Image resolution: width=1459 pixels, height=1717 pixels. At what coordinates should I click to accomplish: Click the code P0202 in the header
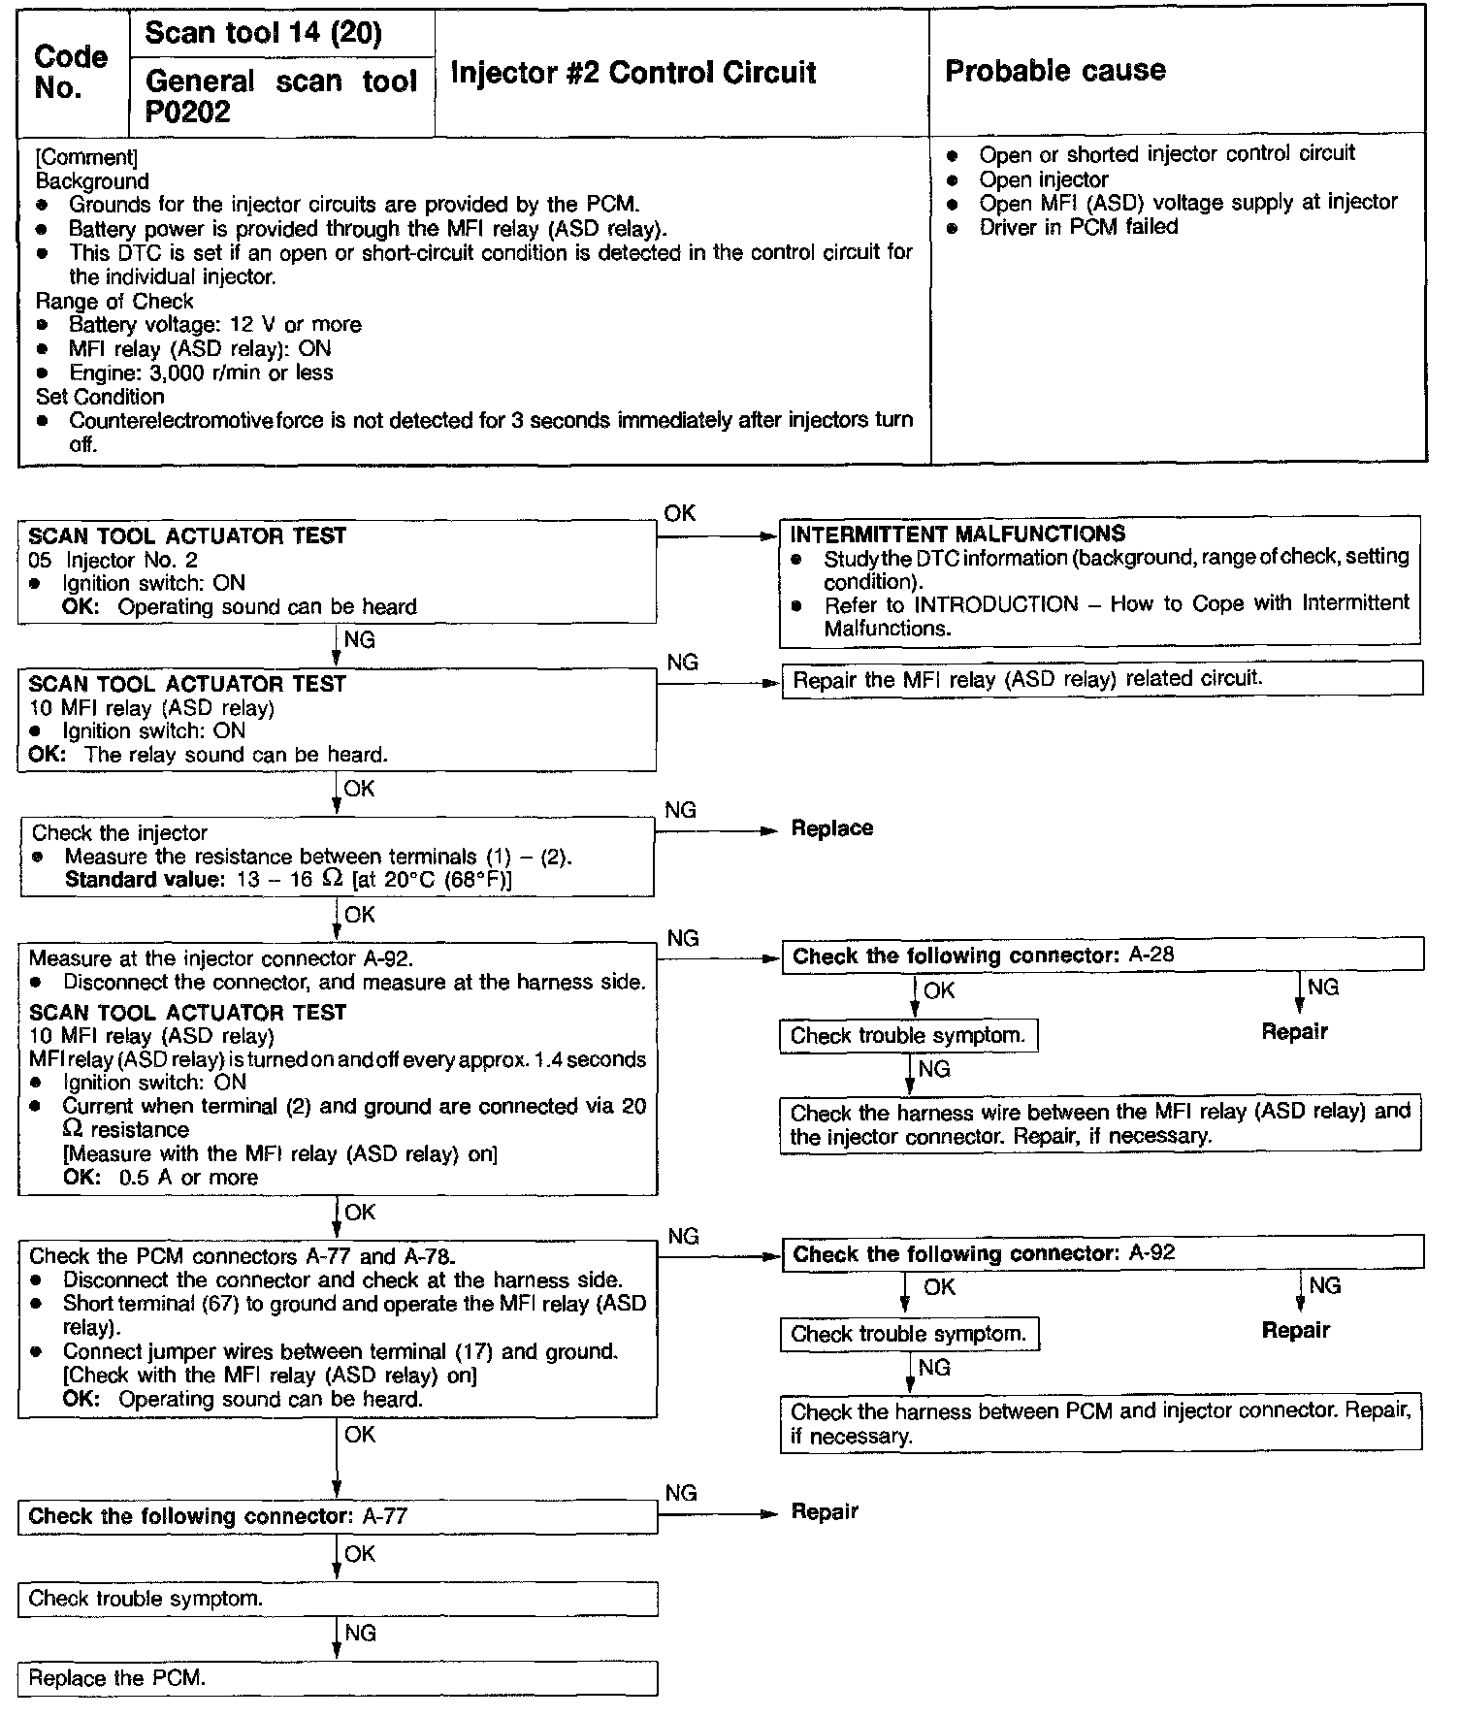tap(188, 113)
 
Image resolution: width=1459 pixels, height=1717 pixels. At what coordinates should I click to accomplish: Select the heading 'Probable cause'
tap(1054, 71)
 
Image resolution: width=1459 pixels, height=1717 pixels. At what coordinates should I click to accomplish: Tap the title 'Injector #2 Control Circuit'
tap(633, 73)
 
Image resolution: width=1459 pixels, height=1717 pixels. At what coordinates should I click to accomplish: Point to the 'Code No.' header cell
tap(71, 72)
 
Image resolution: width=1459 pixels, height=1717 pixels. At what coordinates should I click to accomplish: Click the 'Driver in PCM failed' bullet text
tap(1078, 227)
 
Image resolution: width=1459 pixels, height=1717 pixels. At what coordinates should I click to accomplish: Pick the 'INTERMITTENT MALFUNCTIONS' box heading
tap(957, 535)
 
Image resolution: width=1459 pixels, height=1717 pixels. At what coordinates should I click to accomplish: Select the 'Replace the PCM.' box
tap(337, 1678)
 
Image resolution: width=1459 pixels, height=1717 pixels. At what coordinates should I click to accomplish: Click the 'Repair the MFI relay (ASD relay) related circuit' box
tap(1101, 679)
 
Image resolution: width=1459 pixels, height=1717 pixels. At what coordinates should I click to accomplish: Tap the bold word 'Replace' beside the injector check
tap(831, 828)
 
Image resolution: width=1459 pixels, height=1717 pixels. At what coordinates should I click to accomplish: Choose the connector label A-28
tap(1151, 955)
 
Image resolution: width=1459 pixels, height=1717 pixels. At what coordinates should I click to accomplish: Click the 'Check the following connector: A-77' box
tap(337, 1517)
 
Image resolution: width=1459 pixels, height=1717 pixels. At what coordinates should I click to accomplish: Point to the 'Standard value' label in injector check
tap(144, 880)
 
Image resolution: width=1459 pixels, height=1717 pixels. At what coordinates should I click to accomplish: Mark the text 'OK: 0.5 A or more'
tap(160, 1178)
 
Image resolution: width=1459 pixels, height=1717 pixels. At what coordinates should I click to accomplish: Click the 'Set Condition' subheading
tap(100, 397)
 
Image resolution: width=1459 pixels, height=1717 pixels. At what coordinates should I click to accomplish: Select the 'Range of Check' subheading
tap(114, 301)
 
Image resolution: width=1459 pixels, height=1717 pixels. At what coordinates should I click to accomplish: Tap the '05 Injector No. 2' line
tap(113, 560)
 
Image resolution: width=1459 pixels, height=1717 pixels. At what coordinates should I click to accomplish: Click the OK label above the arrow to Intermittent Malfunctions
tap(680, 513)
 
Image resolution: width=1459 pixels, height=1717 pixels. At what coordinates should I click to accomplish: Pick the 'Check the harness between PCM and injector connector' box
tap(1101, 1423)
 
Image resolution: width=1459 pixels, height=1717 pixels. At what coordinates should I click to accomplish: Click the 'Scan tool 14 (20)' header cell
tap(263, 34)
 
